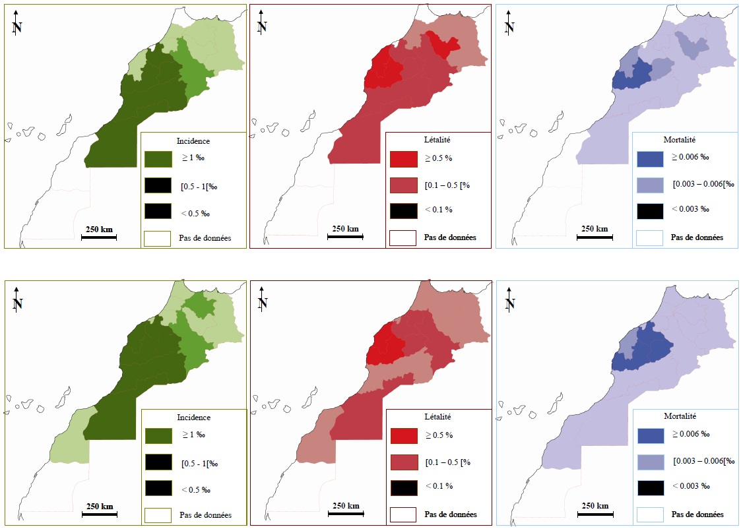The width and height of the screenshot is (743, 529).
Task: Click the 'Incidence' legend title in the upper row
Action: click(x=193, y=140)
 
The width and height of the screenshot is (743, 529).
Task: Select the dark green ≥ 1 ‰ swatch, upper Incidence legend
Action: click(x=158, y=160)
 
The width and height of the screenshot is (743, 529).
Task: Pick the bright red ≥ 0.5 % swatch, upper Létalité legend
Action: click(x=403, y=159)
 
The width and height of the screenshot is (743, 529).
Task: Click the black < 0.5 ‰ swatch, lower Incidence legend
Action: click(x=158, y=489)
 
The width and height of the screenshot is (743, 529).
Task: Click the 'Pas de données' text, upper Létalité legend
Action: click(x=450, y=237)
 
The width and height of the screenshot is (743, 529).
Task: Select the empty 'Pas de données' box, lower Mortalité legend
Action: click(x=650, y=514)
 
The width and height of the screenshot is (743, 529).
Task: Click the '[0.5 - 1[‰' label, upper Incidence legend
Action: click(x=199, y=187)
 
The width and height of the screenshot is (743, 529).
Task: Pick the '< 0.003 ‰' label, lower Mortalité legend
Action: click(x=690, y=486)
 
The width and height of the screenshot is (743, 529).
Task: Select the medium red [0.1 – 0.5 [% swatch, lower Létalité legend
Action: click(x=403, y=462)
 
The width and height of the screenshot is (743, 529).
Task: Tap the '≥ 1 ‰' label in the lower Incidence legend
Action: click(x=193, y=435)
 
